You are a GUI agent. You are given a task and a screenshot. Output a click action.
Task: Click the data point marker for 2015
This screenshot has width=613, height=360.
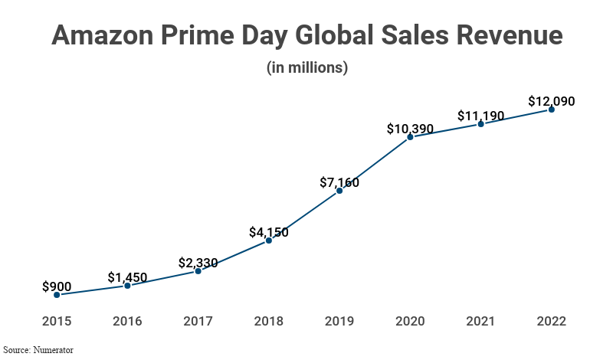57,295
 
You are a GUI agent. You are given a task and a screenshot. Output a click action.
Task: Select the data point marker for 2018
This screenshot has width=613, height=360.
269,241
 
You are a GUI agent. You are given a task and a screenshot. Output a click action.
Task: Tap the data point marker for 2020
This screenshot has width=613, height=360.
410,137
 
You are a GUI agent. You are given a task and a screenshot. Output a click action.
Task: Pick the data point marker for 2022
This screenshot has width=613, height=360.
552,110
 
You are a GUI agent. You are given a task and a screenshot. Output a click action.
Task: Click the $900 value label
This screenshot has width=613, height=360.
57,286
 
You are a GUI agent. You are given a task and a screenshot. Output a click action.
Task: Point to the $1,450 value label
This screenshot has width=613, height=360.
127,277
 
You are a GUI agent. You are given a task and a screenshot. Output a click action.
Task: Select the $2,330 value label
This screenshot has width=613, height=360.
198,263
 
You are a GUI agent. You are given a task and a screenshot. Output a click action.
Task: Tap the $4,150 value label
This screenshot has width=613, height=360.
269,232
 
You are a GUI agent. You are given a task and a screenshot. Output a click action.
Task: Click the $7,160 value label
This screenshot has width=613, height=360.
339,182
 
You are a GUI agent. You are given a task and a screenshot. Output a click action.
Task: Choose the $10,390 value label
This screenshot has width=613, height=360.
410,129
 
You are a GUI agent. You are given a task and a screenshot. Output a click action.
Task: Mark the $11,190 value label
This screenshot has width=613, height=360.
480,116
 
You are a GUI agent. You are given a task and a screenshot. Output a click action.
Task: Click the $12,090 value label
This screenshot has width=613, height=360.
552,101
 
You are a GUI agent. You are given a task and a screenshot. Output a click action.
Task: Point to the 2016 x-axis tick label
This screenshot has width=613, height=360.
127,322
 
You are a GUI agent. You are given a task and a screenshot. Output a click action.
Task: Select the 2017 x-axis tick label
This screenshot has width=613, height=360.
198,322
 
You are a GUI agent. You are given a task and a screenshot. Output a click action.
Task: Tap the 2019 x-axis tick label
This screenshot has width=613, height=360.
339,322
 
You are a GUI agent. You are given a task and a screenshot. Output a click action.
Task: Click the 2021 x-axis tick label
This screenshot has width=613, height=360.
480,322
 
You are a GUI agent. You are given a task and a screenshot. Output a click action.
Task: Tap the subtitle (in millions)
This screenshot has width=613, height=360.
307,67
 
